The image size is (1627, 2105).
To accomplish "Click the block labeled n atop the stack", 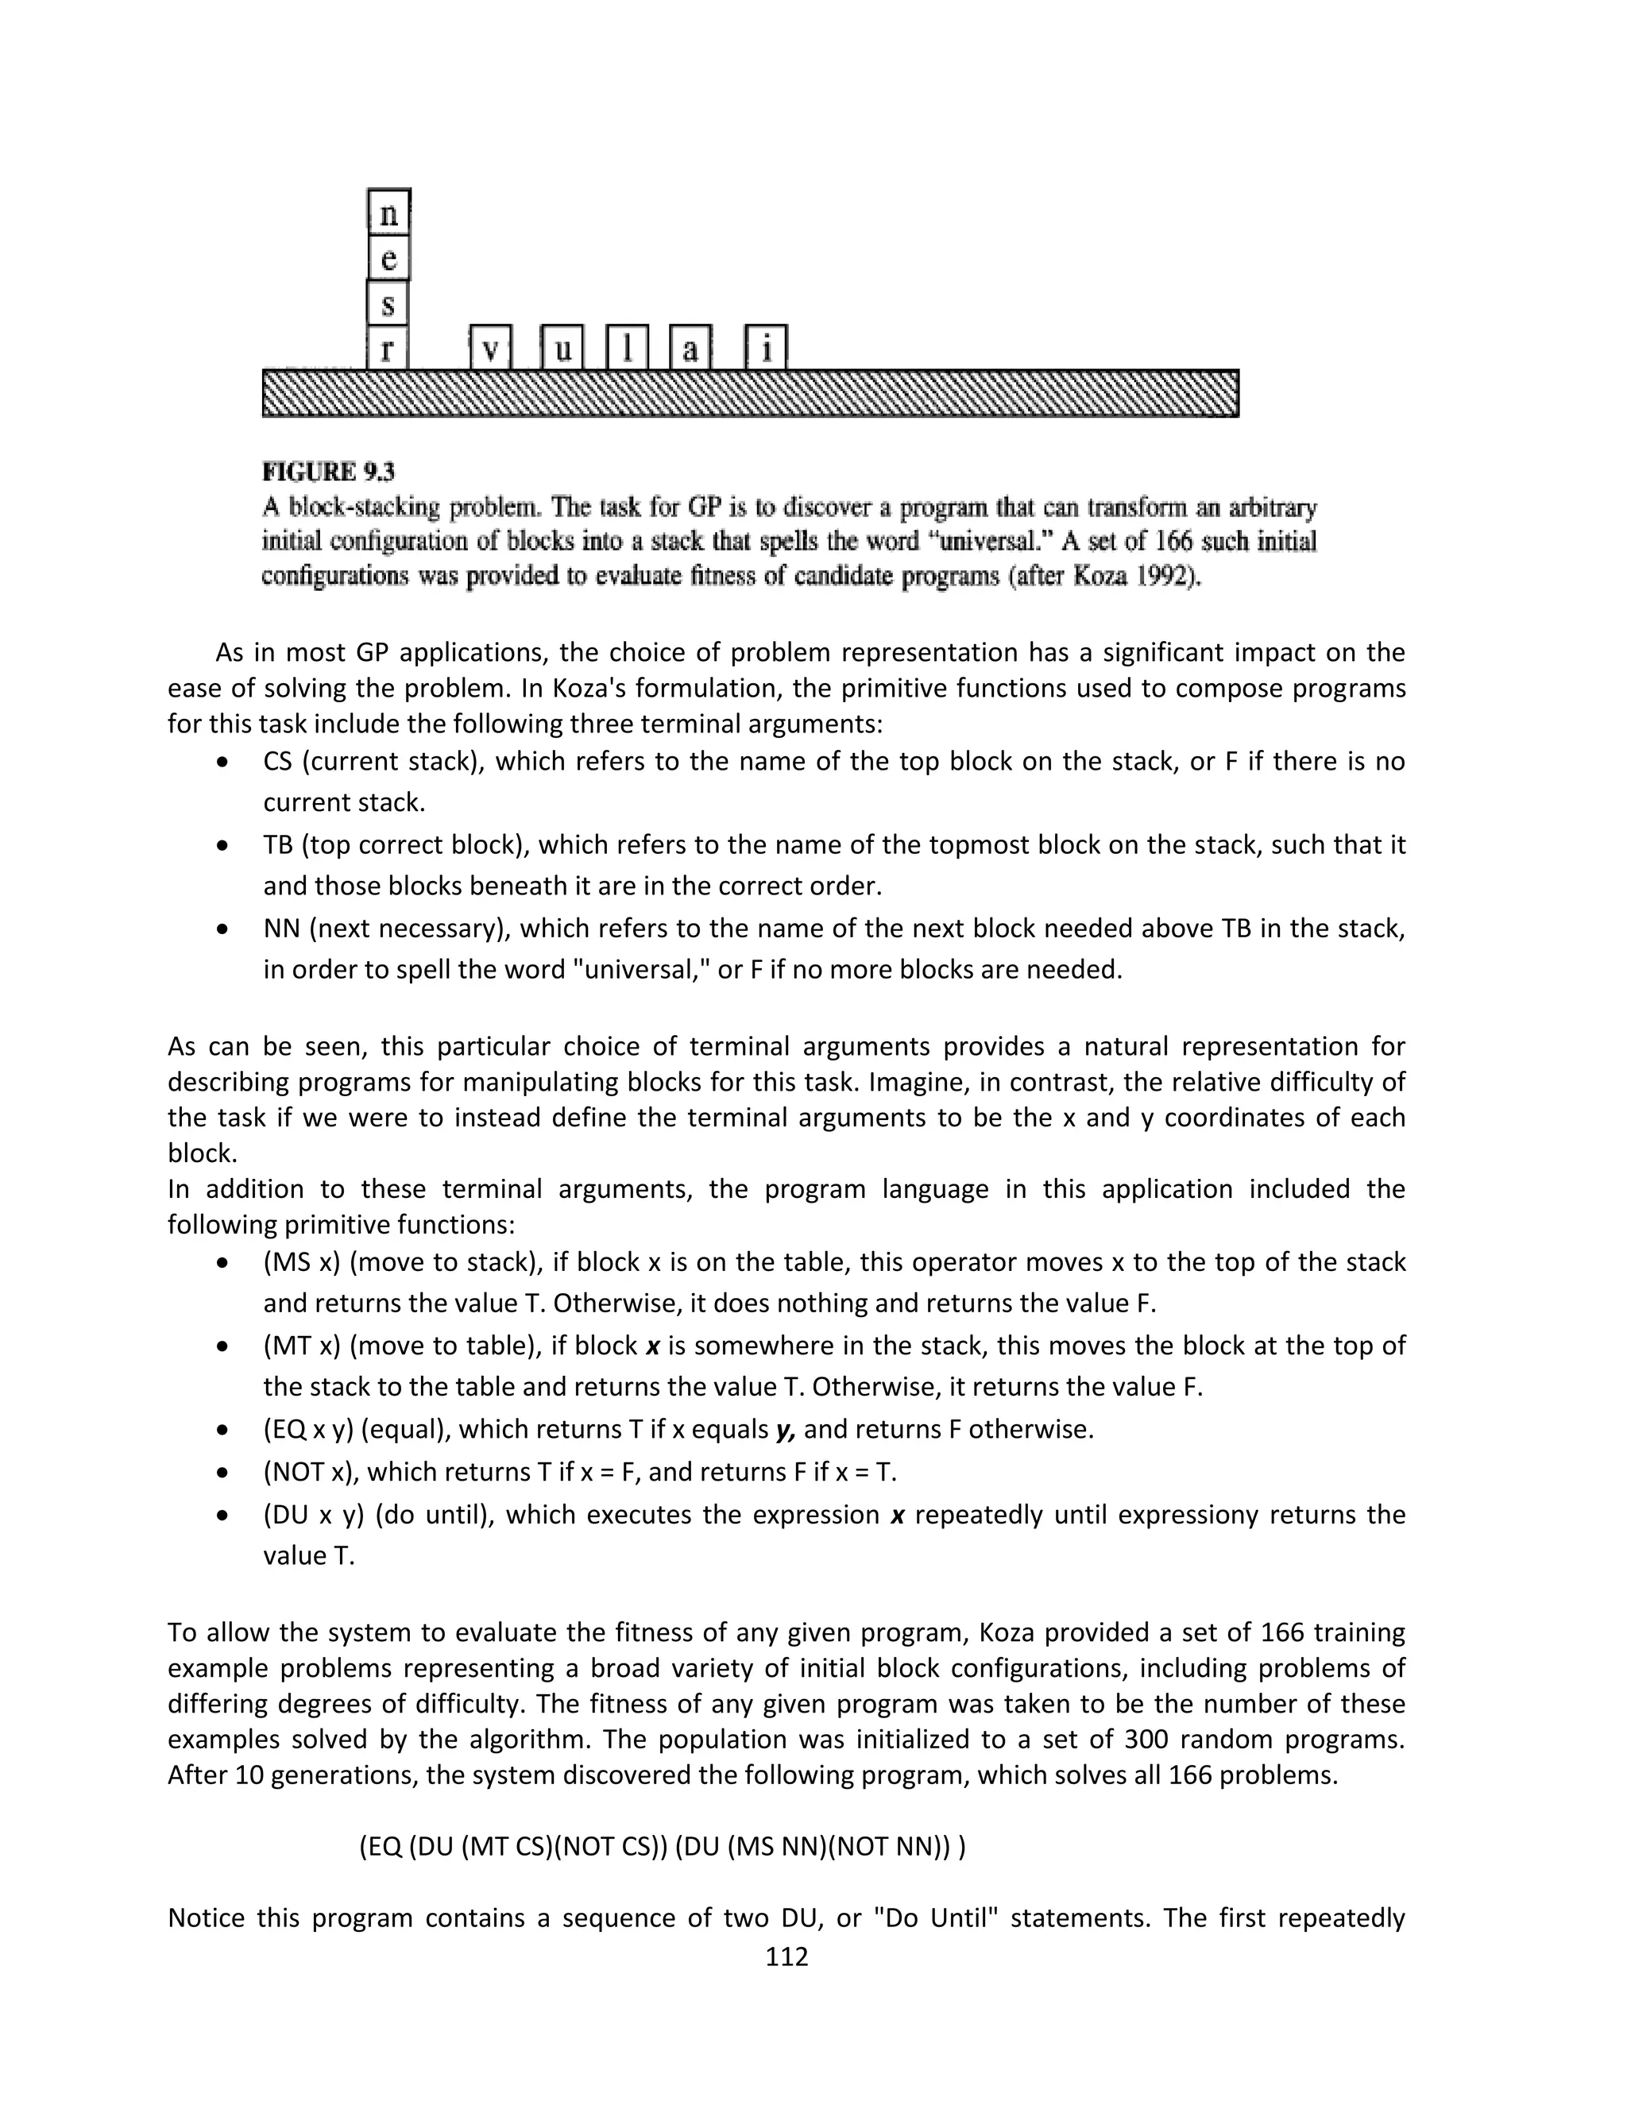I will click(388, 213).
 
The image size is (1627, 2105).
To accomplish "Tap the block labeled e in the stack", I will click(388, 258).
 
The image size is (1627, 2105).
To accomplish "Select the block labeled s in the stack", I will click(388, 303).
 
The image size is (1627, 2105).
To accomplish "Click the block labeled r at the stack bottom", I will click(388, 348).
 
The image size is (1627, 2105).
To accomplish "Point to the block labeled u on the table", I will click(562, 348).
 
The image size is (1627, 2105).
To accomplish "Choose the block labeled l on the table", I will click(627, 348).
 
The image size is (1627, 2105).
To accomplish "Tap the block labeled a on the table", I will click(690, 348).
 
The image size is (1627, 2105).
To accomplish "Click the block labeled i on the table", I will click(767, 348).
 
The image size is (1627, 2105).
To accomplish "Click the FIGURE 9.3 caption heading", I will click(329, 473).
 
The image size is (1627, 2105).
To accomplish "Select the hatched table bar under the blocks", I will click(750, 393).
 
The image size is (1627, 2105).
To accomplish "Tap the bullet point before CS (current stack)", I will click(223, 763).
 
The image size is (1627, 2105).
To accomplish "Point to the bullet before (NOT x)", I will click(223, 1473).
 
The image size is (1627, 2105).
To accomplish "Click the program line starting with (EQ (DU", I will click(663, 1846).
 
